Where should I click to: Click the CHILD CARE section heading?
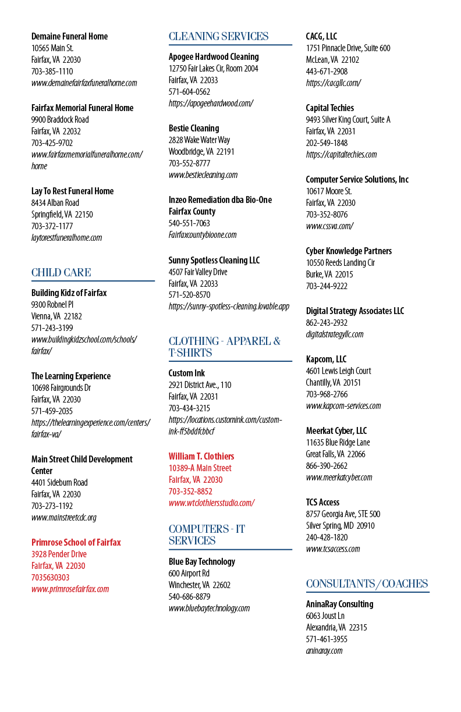point(61,272)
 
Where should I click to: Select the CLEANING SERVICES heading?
point(219,36)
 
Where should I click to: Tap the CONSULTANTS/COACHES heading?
point(367,583)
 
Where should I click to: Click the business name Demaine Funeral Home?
point(69,36)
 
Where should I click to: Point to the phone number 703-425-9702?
point(52,143)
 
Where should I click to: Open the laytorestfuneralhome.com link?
point(66,238)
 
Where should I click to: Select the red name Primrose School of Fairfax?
point(76,542)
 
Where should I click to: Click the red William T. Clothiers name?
point(201,457)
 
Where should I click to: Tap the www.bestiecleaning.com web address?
point(203,175)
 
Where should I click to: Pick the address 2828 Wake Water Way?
point(199,140)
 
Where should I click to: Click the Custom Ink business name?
point(187,373)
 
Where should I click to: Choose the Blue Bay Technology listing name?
point(202,562)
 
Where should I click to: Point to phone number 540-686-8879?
point(189,597)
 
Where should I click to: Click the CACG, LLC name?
point(321,36)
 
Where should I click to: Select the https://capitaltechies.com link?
point(341,155)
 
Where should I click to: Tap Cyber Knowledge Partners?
point(349,251)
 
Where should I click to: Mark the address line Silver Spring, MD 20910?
point(340,526)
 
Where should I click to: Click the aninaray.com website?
point(324,651)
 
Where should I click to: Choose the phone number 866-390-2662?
point(327,466)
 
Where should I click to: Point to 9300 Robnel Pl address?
point(52,304)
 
